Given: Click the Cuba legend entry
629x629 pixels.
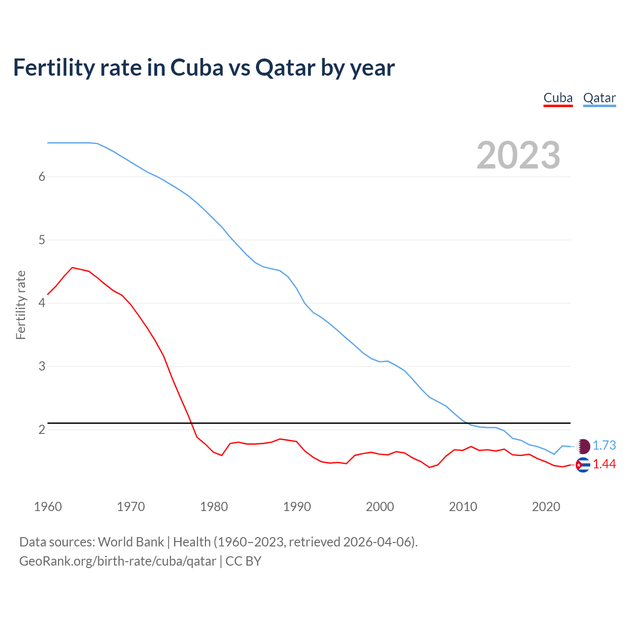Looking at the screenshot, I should coord(558,98).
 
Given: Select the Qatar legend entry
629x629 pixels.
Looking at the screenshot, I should coord(599,98).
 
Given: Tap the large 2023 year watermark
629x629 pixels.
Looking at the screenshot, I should coord(518,155).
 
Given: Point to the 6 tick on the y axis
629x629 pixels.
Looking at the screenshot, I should coord(42,177).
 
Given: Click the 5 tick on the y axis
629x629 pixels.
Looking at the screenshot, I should coord(42,240).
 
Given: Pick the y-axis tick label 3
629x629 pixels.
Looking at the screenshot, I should coord(42,367).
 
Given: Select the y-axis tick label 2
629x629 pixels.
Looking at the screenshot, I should coord(42,430).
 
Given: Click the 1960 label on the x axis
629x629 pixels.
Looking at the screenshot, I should coord(48,507).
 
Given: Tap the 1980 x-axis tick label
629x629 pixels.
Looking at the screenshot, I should coord(214,507).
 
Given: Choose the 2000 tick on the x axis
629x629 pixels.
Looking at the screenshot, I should coord(380,507).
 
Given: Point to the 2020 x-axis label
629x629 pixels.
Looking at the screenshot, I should coord(546,507).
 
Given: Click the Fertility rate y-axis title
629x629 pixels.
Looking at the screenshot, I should coord(21,305).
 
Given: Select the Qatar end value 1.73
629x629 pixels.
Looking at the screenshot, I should coord(604,446).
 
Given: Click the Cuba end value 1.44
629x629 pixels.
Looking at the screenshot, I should coord(604,464).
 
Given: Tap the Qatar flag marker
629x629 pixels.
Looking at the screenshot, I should coord(583,446).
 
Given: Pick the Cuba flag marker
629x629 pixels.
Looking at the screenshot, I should coord(583,465).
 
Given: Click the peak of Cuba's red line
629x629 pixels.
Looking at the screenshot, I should coord(73,268).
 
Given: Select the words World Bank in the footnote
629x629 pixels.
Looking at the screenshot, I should coord(131,542).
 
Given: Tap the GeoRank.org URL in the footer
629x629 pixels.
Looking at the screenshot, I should coord(117,561).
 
